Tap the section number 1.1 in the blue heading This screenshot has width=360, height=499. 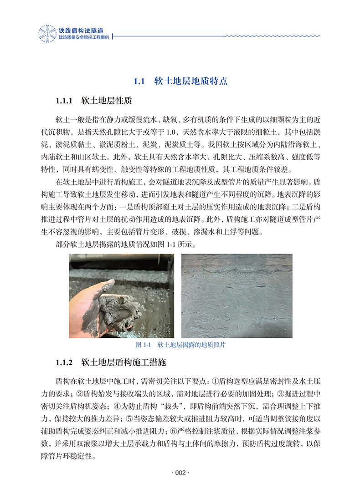click(139, 81)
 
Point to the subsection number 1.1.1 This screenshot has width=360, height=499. click(64, 100)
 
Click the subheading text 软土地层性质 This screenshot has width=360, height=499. click(107, 100)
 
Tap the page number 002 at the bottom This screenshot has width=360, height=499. click(180, 474)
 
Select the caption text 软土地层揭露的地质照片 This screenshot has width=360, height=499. click(191, 345)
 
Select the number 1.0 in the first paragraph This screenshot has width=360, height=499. click(171, 132)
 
